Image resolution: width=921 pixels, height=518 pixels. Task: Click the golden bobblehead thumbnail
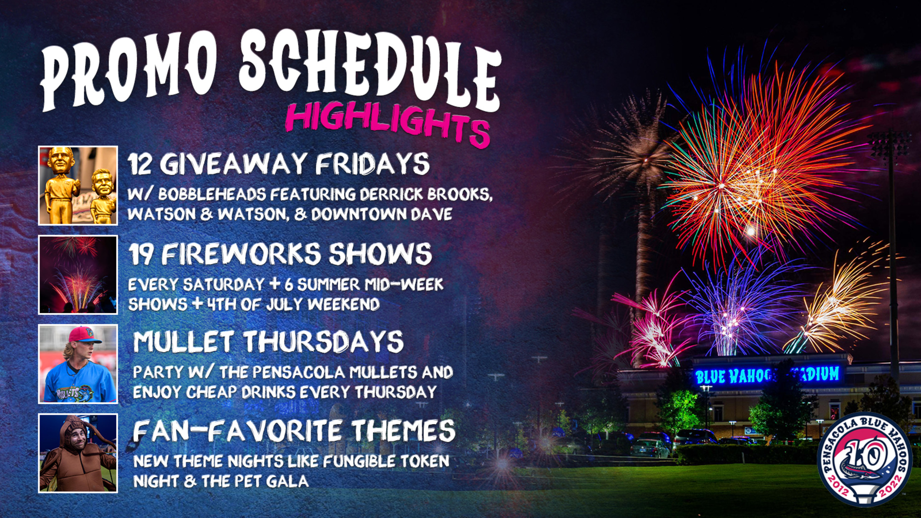click(78, 186)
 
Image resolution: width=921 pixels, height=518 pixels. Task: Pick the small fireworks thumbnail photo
click(78, 275)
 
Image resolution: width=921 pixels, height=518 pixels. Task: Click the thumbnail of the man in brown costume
click(78, 453)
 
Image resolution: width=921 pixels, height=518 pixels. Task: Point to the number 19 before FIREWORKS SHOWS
click(141, 254)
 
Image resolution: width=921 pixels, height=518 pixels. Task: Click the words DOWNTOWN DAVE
click(382, 214)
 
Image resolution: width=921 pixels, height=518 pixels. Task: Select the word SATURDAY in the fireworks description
click(224, 284)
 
